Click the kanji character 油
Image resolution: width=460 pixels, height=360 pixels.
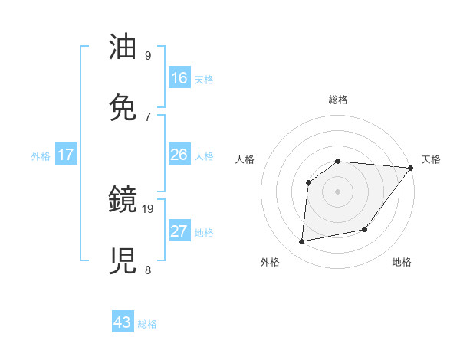coord(124,48)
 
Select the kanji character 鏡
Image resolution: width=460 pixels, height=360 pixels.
coord(124,201)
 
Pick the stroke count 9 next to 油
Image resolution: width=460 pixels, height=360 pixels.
coord(147,56)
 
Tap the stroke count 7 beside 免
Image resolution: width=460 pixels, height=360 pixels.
coord(147,116)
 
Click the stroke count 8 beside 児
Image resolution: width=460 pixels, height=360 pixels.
coord(147,270)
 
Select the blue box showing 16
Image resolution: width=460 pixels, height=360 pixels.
coord(179,78)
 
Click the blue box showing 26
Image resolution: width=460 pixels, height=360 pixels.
coord(179,155)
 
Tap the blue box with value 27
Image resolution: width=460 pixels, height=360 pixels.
coord(179,231)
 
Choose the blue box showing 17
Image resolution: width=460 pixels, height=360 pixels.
coord(66,155)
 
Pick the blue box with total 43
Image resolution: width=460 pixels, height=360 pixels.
coord(123,322)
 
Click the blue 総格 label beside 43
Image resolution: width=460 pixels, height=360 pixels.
coord(148,324)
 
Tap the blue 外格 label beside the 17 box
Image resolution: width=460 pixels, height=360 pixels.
coord(41,156)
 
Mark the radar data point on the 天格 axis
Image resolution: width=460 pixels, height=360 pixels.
coord(411,169)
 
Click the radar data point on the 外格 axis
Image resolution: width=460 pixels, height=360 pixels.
coord(302,242)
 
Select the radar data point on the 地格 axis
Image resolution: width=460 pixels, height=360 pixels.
coord(365,229)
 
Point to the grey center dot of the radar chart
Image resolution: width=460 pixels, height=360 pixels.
coord(337,191)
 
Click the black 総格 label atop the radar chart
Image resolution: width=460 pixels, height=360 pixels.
coord(338,100)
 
